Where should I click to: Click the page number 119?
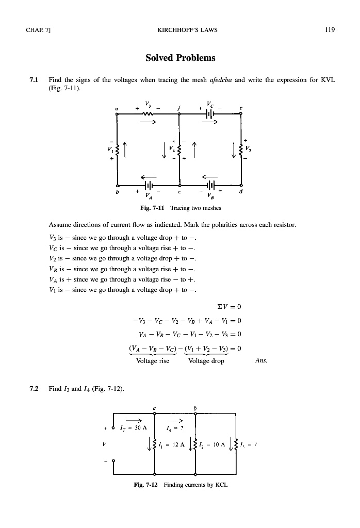pyautogui.click(x=330, y=30)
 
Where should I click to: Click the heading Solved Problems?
pyautogui.click(x=180, y=58)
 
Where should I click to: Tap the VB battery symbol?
pyautogui.click(x=210, y=184)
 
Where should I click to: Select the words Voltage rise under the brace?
pyautogui.click(x=153, y=361)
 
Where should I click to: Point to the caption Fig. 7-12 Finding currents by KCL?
pyautogui.click(x=180, y=485)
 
